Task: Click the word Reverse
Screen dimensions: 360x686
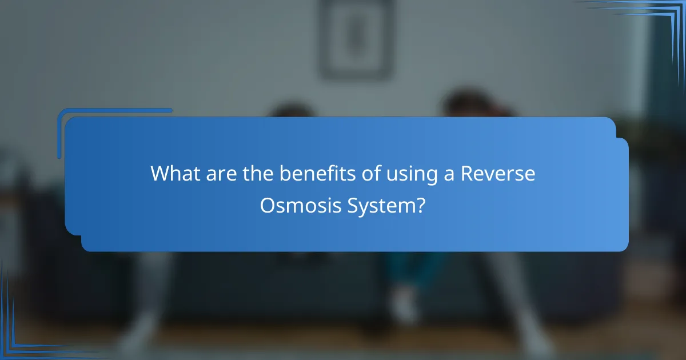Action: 498,174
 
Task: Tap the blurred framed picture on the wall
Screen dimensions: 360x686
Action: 356,39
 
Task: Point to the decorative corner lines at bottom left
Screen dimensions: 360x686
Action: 23,331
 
